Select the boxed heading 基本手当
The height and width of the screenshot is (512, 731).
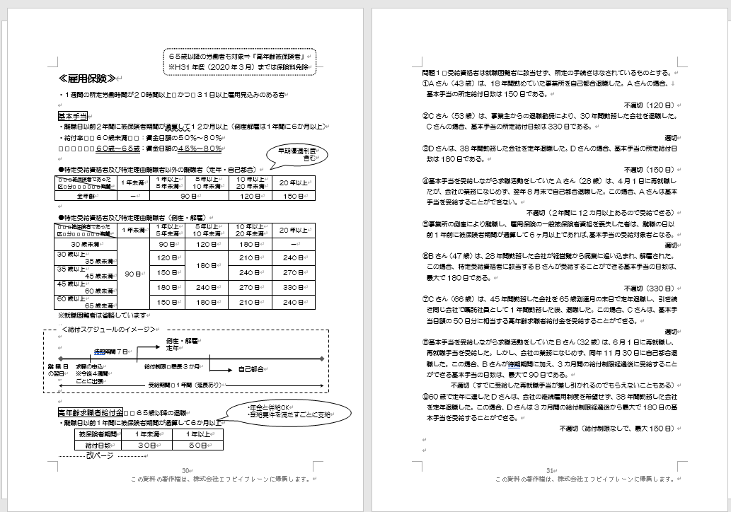(71, 115)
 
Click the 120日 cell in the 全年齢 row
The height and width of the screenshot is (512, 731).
(250, 196)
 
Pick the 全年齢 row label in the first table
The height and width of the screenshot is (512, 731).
(85, 196)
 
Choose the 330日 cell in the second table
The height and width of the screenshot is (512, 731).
(291, 289)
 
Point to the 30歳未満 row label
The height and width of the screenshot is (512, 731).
(85, 243)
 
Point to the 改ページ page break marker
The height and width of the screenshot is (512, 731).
(99, 456)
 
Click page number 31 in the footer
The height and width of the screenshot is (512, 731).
(549, 471)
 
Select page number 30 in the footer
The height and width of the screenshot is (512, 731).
(186, 471)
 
